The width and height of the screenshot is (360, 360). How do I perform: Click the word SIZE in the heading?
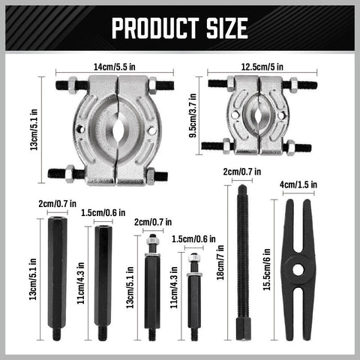[x=222, y=28]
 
